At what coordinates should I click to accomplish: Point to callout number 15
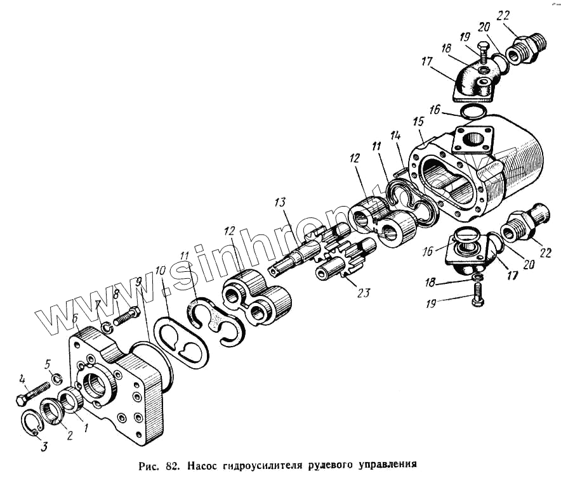coord(418,121)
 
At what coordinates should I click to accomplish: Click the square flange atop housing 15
coord(472,143)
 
